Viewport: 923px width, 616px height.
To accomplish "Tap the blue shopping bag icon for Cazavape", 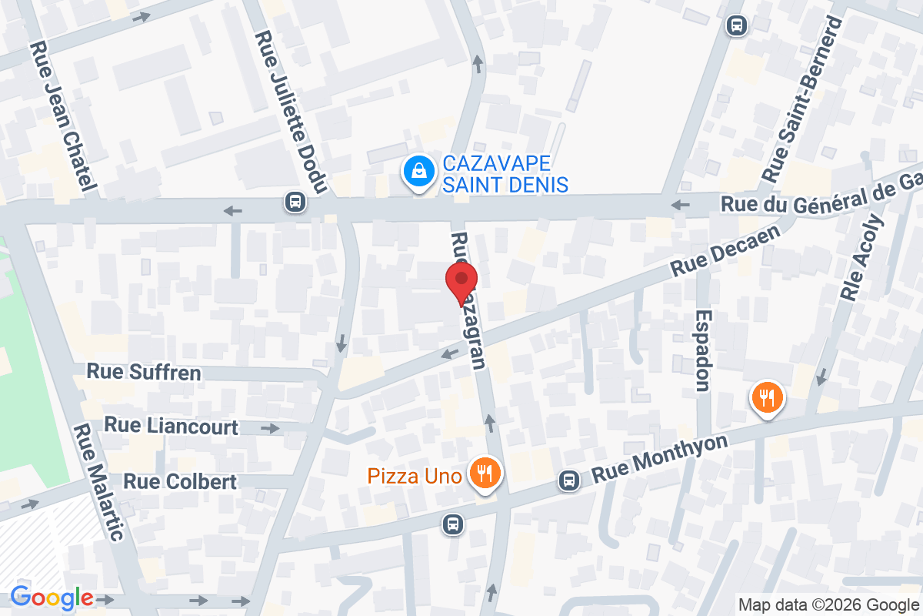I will click(x=418, y=172).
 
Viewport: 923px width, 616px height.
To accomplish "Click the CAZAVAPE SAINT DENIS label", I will click(x=505, y=174).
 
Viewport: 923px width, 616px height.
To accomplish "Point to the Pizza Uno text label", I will click(x=414, y=475).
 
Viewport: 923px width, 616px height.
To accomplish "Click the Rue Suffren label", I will click(x=144, y=373).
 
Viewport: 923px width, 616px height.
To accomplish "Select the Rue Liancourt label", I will click(x=171, y=426).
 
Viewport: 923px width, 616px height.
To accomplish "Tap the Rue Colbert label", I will click(x=180, y=481).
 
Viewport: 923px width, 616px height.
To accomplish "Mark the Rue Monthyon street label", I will click(x=659, y=460).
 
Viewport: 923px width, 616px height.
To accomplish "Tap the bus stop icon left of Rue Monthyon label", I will click(x=569, y=480).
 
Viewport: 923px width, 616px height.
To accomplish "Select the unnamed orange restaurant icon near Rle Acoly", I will click(x=767, y=398).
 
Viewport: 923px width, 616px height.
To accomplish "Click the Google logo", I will click(x=52, y=597).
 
